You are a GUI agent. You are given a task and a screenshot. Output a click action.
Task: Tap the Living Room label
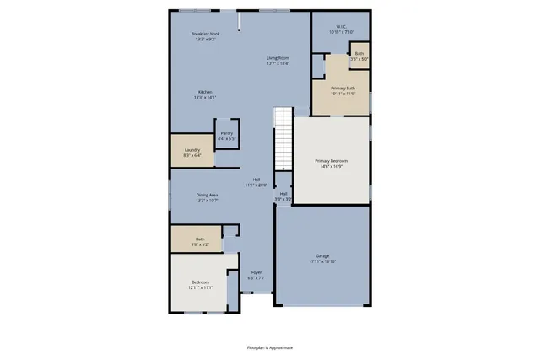click(278, 57)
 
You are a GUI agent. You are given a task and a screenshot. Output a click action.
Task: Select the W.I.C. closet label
click(340, 26)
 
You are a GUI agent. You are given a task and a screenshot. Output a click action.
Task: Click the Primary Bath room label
click(343, 88)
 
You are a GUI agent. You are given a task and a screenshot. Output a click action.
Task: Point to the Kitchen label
click(205, 92)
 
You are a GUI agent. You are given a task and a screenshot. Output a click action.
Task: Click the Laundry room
click(192, 152)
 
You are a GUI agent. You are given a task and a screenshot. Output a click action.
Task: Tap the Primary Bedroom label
click(331, 160)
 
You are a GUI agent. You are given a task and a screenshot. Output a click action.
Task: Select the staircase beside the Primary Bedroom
click(282, 139)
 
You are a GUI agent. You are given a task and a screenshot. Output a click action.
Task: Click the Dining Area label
click(207, 195)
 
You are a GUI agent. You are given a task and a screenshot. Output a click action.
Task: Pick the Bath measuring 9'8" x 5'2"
click(200, 241)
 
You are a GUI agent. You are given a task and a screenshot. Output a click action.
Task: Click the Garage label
click(321, 255)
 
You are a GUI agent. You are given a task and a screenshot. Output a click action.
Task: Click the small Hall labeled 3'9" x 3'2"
click(283, 196)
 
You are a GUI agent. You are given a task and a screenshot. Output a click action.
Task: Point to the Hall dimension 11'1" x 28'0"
click(256, 185)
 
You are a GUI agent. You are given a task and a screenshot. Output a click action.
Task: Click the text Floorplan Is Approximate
click(269, 347)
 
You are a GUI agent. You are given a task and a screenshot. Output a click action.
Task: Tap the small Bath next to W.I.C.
click(359, 56)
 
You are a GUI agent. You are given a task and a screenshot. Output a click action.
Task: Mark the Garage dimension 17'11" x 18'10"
click(321, 261)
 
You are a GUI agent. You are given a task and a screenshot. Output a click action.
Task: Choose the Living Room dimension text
click(278, 63)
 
